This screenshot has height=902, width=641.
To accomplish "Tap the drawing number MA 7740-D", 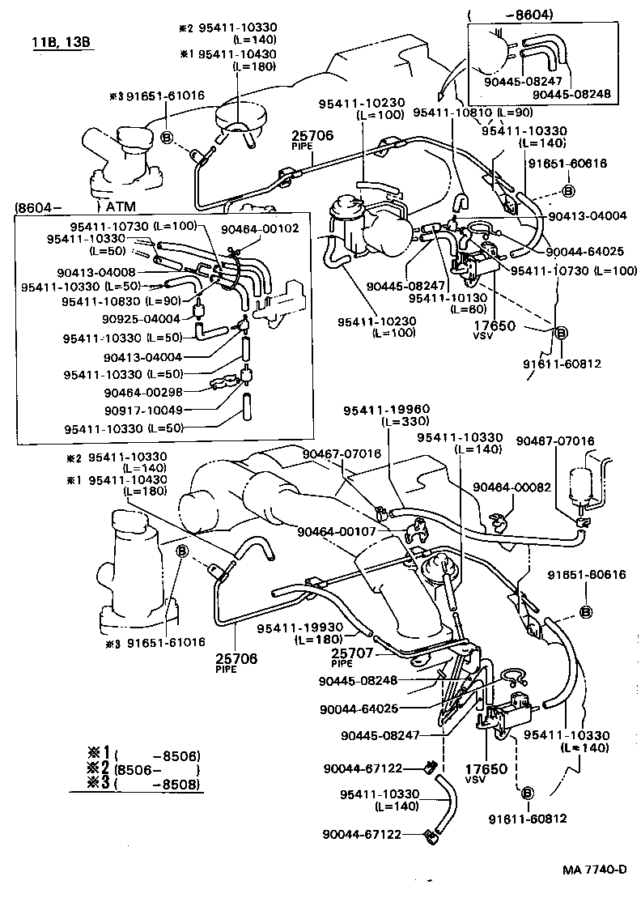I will pyautogui.click(x=595, y=870).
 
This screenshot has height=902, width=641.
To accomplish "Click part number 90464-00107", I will pyautogui.click(x=337, y=532).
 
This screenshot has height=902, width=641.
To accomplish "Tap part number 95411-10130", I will pyautogui.click(x=441, y=297).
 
